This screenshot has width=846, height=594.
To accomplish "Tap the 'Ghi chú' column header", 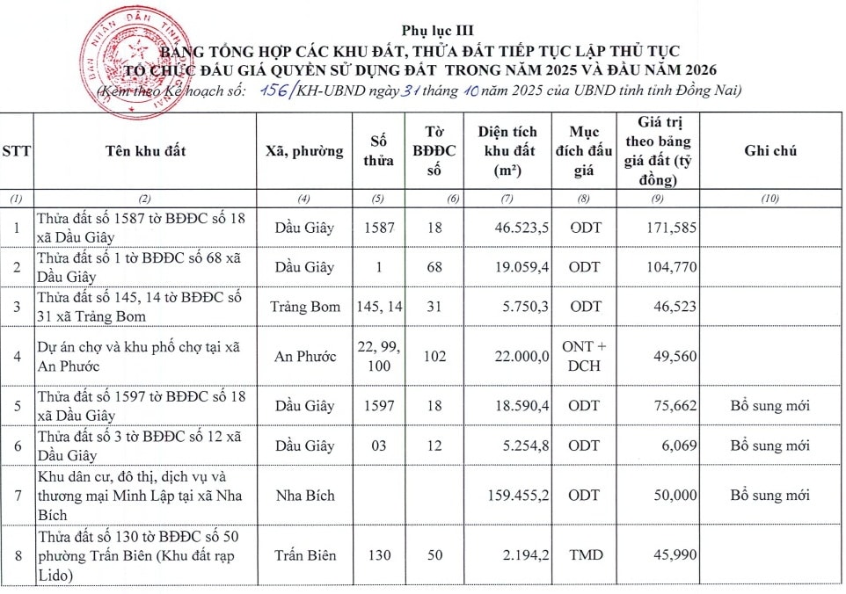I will coord(770,151).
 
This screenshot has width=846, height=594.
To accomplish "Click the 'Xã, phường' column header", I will coord(304,151).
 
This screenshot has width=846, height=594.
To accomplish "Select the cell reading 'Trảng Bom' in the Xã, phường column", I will coord(304,307).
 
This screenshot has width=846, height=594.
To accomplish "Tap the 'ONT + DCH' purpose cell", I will coord(584,356).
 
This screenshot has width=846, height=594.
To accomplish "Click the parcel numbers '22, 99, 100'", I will coord(379,356).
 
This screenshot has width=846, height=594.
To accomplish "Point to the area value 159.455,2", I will coord(518,496).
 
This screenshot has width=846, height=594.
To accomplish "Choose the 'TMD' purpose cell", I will coord(585,555).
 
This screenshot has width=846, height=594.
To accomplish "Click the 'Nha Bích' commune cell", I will coord(304,496).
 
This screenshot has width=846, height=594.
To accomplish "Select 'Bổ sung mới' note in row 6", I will coord(770,445).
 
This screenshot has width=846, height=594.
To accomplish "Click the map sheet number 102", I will coord(434,357).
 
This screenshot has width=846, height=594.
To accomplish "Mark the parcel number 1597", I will coord(379,406).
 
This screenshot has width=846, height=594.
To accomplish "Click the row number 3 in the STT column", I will coord(17,307).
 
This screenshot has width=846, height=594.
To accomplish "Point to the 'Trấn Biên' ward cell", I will coord(304,555).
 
